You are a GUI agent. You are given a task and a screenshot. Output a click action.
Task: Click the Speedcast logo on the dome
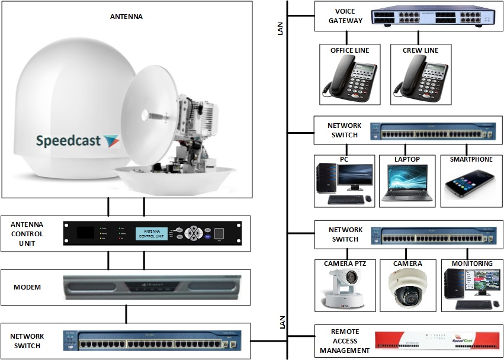point(78,141)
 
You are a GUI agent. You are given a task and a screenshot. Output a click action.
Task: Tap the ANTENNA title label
point(126,17)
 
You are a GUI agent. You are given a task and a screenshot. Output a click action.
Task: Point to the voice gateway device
point(432,18)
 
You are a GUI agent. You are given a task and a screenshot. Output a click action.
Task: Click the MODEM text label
point(27,287)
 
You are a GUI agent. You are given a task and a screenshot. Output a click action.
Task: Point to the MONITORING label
point(471,263)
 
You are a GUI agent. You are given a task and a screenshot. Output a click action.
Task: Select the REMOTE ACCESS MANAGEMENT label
point(345,341)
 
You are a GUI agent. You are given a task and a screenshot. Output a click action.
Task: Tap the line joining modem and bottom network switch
point(126,314)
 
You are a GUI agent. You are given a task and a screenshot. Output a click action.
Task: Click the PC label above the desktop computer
point(344,159)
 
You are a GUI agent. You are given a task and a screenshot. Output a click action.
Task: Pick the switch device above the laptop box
point(432,131)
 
